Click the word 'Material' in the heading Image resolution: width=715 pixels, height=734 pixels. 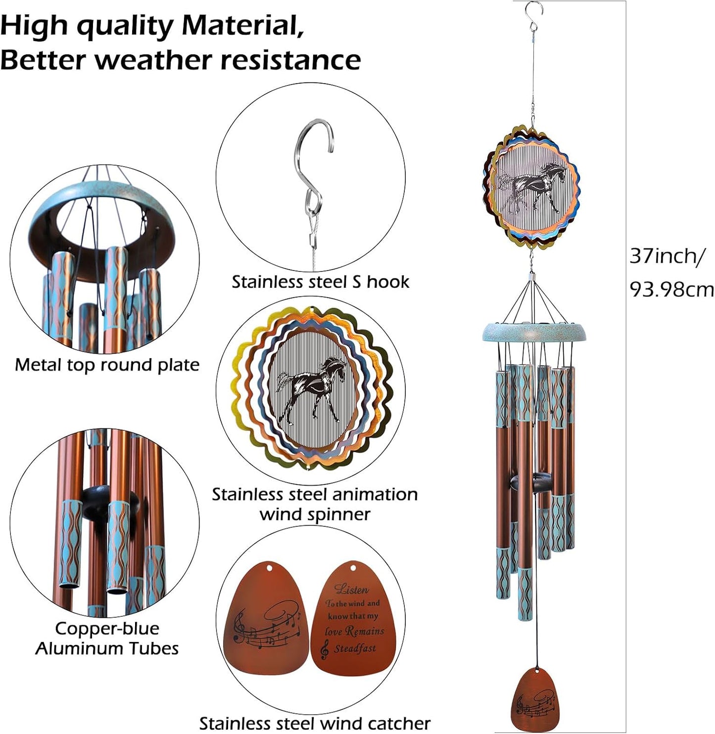click(243, 26)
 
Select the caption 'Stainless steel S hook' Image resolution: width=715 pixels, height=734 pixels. click(320, 282)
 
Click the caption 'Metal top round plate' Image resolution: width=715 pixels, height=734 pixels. click(107, 365)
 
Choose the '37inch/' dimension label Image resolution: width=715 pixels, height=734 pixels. click(667, 257)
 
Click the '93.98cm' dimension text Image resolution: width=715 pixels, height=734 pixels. click(672, 290)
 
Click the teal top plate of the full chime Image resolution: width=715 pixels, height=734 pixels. click(535, 332)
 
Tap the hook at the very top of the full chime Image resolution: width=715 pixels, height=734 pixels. click(533, 19)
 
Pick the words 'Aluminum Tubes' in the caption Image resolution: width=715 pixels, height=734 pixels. click(107, 649)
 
